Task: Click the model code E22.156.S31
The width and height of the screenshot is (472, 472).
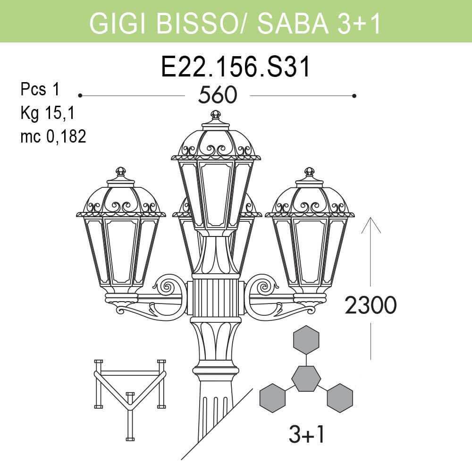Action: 236,67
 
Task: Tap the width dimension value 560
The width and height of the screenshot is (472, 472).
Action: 217,96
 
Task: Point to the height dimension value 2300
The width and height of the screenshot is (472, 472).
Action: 371,306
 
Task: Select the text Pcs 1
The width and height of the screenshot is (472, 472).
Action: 40,89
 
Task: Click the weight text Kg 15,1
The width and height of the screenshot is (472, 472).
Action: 47,113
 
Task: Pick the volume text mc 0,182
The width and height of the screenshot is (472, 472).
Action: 53,136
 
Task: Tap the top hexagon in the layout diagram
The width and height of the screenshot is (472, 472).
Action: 306,339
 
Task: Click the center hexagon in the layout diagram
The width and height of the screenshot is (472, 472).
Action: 306,378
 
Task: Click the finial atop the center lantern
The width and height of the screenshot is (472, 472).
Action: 216,115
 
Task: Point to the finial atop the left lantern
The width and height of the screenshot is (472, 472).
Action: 121,171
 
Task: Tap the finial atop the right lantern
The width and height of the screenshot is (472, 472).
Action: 309,171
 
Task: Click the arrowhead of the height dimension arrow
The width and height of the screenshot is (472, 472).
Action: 371,221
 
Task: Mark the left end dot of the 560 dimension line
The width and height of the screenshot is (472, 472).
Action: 81,96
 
